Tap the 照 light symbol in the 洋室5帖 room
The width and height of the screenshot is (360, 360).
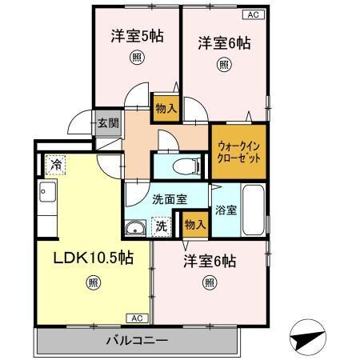point(137,58)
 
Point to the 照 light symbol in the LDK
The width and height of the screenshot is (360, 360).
point(94,282)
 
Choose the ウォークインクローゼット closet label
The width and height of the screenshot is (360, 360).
point(238,150)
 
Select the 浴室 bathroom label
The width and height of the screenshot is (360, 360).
point(226,211)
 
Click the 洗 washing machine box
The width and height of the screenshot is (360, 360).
point(161,226)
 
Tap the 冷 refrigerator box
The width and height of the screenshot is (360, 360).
point(56,165)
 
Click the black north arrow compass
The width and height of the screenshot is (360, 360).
point(307,337)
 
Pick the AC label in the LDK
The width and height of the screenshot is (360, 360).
point(137,318)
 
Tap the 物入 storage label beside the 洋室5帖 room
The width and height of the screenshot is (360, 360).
point(166,108)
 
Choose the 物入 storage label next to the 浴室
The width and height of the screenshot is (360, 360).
point(194,225)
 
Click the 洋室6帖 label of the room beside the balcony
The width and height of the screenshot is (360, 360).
point(210,260)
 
